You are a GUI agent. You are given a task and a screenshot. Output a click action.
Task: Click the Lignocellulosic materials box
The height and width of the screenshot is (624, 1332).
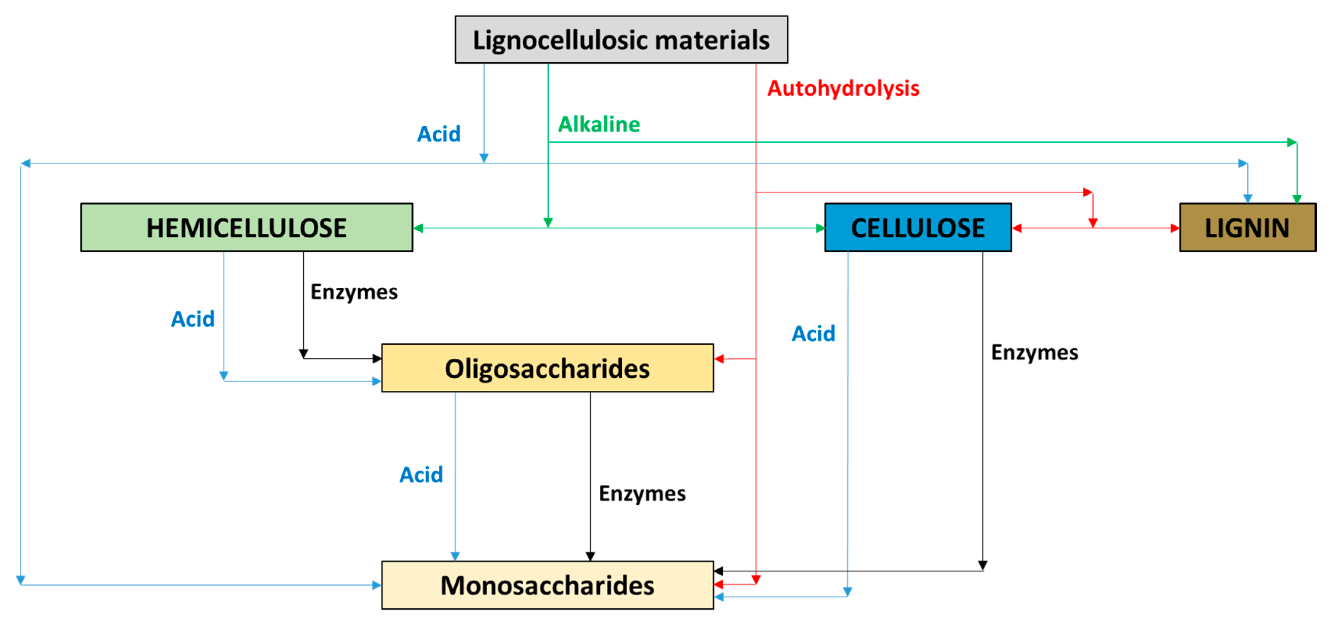point(621,40)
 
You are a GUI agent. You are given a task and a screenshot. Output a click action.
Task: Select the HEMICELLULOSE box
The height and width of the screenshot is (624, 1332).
point(246,227)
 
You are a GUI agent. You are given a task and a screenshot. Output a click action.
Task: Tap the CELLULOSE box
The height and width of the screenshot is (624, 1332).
point(917,227)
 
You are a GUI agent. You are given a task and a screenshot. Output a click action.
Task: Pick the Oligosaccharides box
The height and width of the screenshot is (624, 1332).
point(547,368)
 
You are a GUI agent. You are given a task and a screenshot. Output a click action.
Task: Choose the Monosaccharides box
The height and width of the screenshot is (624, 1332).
point(547,585)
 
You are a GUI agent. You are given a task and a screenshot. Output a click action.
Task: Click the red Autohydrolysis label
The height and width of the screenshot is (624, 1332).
point(843,88)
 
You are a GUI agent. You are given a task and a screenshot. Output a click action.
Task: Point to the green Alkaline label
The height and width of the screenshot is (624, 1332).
point(599,125)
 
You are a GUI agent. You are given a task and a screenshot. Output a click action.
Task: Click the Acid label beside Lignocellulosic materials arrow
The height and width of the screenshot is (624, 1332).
point(438,134)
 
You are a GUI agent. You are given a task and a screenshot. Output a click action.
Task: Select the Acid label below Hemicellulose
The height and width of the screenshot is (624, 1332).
point(192,319)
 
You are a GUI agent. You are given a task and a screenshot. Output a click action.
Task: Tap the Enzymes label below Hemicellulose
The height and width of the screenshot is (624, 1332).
point(354,292)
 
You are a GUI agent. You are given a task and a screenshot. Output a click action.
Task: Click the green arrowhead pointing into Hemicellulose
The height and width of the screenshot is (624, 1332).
point(418,228)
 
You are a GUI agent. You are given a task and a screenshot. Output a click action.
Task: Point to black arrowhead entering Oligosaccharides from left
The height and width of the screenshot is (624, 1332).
point(377,358)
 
